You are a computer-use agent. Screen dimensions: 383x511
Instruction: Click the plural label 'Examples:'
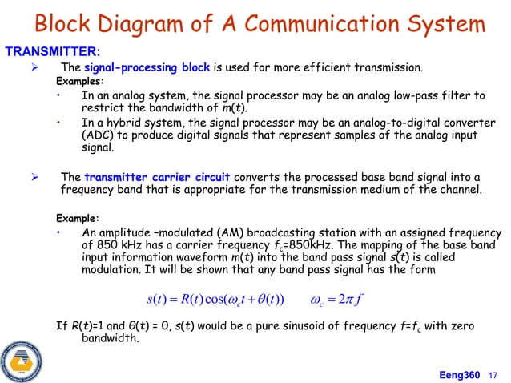79,82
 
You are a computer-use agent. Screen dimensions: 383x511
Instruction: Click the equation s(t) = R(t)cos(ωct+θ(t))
219,300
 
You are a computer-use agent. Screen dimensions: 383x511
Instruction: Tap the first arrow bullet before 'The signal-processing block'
34,67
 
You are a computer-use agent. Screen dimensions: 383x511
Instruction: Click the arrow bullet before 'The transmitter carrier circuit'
34,177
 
